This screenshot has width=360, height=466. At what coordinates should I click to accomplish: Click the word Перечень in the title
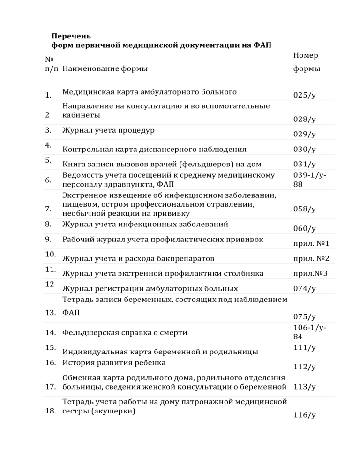click(72, 36)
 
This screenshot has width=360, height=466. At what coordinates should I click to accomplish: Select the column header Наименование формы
click(105, 69)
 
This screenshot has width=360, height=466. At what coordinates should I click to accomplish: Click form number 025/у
click(304, 95)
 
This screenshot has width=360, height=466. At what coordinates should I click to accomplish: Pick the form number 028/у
click(304, 119)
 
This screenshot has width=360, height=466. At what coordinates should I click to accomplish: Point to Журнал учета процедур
click(109, 130)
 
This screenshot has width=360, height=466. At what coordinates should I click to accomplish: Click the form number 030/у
click(304, 150)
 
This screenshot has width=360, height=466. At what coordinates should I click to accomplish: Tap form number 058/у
click(304, 210)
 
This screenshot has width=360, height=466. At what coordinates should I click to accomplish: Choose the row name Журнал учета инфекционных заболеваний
click(145, 224)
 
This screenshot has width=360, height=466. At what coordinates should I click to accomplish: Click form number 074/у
click(304, 288)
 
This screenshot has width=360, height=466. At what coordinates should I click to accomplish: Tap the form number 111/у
click(304, 348)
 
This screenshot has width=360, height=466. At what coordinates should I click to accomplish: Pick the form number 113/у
click(304, 387)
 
